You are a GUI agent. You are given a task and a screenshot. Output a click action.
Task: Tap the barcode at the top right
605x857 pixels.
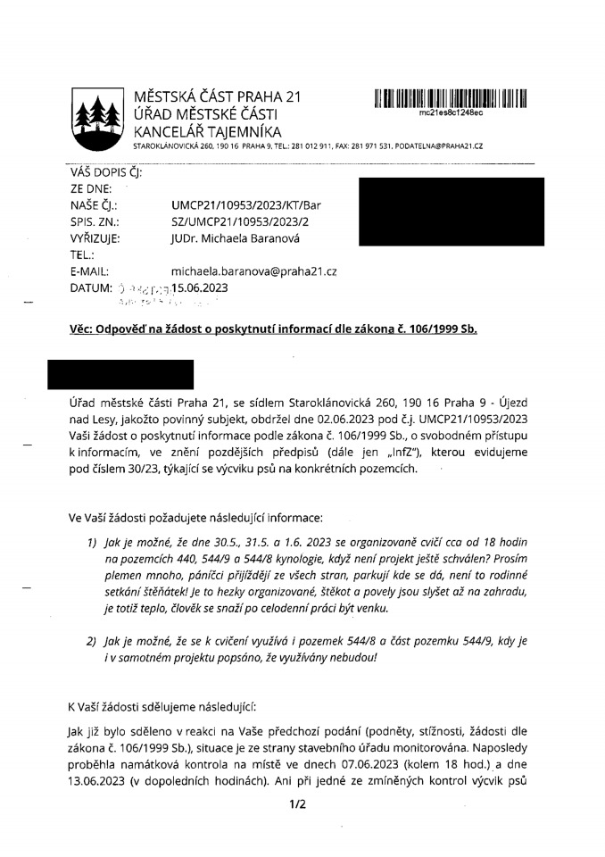[451, 99]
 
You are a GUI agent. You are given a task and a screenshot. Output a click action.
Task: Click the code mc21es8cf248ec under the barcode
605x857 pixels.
[451, 114]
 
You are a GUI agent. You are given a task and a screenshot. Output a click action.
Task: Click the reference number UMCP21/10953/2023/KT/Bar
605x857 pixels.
[245, 205]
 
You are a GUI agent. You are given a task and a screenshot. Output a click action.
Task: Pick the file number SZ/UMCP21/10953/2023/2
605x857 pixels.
[239, 221]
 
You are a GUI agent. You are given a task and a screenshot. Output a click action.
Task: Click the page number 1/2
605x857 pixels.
[297, 804]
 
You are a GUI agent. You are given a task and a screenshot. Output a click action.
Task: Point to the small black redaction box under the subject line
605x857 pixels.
[120, 374]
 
